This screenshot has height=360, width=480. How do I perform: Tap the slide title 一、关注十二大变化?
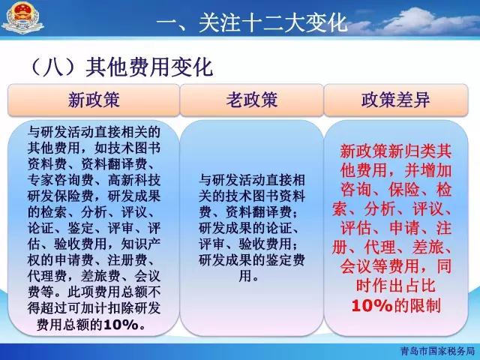click(252, 22)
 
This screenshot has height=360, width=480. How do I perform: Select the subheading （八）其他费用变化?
click(121, 67)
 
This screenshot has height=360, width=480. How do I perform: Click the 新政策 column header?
click(94, 100)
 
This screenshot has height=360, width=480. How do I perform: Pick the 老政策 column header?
click(252, 100)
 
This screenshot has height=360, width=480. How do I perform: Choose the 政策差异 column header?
click(396, 100)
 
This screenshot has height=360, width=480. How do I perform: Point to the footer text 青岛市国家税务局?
click(438, 351)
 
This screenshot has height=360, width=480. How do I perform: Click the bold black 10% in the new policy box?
click(121, 325)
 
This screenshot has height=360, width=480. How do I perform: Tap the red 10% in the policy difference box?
click(372, 305)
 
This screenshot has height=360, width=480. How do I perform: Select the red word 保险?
click(403, 190)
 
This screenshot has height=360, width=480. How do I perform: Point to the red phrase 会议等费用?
click(379, 267)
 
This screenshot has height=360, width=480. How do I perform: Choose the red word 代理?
click(380, 247)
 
